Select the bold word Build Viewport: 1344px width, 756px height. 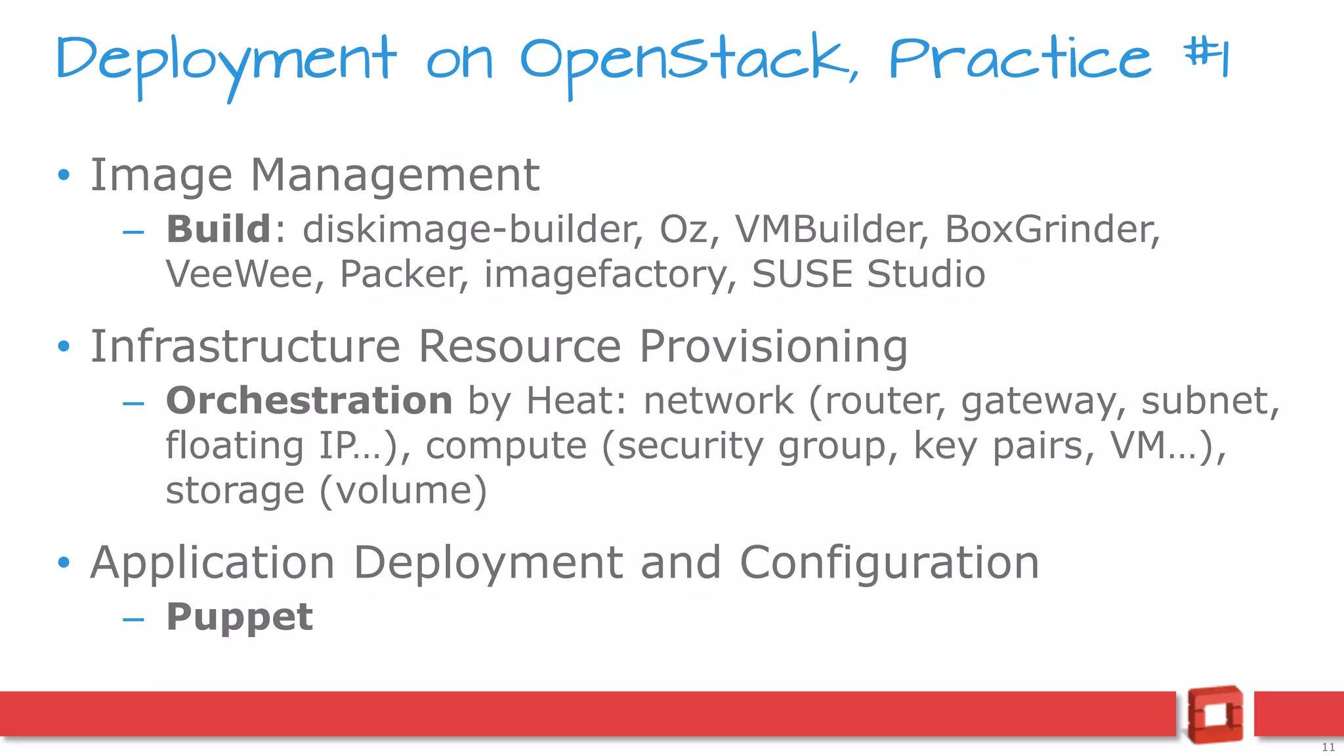coord(218,229)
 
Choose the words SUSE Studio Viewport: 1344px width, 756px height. coord(868,274)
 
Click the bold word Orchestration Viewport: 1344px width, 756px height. coord(309,400)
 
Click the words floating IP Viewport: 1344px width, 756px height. coord(272,446)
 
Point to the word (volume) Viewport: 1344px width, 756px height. coord(403,490)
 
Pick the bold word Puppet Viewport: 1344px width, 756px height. coord(240,617)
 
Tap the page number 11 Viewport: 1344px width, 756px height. coord(1328,747)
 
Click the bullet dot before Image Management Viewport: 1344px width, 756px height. coord(63,175)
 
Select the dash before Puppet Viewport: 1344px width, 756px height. coord(133,619)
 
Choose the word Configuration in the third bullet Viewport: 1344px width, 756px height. coord(889,563)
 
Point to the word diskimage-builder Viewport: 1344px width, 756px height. coord(470,229)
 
